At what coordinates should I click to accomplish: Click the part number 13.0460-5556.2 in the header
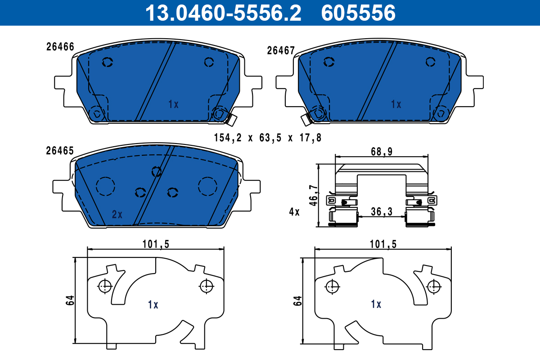(222, 13)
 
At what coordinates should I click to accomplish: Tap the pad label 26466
(60, 47)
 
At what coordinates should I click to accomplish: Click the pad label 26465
(60, 151)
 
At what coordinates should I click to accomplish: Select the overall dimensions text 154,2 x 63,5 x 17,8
(267, 138)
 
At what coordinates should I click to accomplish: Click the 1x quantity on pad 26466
(173, 104)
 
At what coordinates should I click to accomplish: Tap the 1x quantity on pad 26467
(396, 104)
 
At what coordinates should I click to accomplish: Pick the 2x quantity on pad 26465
(117, 215)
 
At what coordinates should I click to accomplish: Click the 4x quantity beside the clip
(294, 211)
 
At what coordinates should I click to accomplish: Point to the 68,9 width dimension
(382, 152)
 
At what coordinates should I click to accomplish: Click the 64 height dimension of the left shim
(70, 301)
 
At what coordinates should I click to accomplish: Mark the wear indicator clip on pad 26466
(232, 119)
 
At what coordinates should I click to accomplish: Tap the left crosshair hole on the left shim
(104, 285)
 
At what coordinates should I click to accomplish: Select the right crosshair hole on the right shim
(434, 285)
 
